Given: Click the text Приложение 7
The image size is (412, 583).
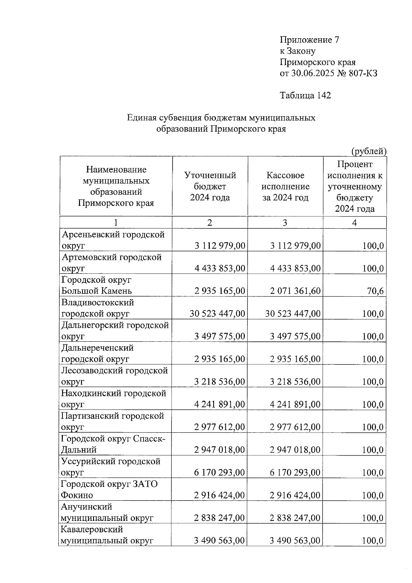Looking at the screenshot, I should (309, 40).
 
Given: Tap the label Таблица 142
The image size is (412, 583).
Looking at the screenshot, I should (305, 95).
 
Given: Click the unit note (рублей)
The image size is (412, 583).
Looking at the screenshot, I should (368, 151).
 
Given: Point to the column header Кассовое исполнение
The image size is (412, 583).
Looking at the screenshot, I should (285, 186).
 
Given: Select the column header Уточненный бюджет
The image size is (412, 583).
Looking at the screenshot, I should (210, 186).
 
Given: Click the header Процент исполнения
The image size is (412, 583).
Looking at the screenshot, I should (355, 186).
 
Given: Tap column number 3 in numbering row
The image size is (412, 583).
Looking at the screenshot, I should (285, 223).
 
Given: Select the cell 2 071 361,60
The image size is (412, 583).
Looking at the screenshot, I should (295, 291).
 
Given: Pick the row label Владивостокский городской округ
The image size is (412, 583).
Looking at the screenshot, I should (98, 308).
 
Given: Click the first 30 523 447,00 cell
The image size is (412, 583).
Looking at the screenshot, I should (217, 314).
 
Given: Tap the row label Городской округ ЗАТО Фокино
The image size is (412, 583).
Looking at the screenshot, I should (109, 489).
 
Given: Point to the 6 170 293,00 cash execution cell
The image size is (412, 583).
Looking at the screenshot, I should (295, 472).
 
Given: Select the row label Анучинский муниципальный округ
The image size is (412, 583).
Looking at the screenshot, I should (107, 512).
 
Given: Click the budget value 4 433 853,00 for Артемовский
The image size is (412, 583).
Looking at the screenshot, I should (219, 268).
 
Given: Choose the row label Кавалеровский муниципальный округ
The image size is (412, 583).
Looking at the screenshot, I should (107, 535).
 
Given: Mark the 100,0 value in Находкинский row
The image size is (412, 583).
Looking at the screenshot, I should (373, 404).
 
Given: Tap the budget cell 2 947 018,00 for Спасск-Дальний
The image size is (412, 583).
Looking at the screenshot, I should (219, 450).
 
